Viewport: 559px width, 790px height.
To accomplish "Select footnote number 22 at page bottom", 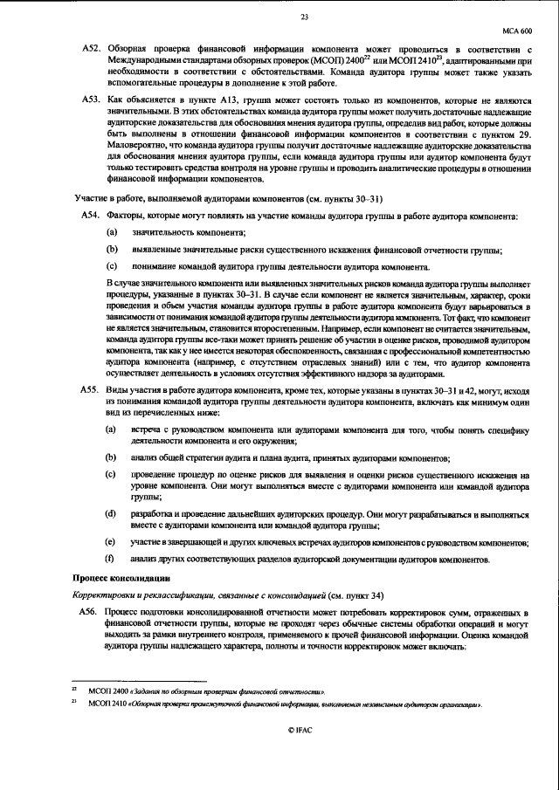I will tap(74, 690).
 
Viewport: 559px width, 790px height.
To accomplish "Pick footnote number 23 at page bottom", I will tap(74, 703).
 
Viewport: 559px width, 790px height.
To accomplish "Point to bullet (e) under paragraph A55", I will tap(110, 542).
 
